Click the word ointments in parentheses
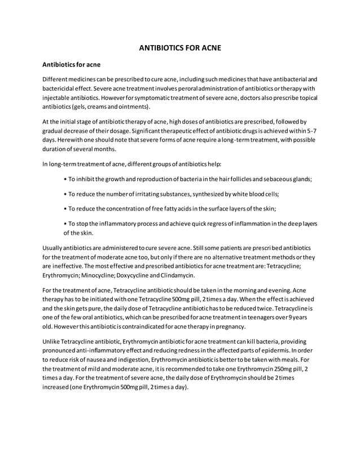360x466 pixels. (134, 106)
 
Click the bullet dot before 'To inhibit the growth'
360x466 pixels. (65, 179)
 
